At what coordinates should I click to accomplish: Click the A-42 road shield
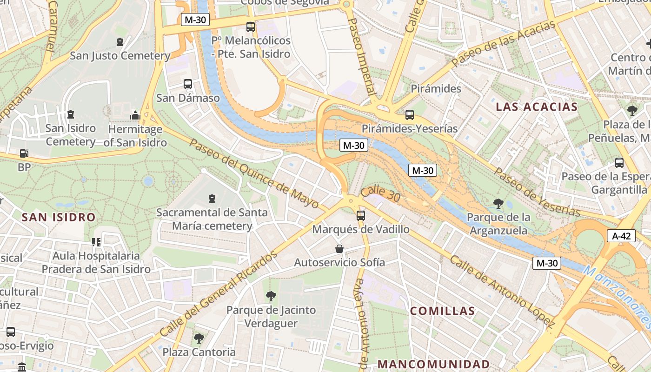621,236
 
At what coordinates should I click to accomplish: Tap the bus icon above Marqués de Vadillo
360,215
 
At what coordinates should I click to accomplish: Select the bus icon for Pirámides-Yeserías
409,114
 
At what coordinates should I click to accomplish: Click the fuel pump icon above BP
23,153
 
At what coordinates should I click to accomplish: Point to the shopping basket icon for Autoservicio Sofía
339,249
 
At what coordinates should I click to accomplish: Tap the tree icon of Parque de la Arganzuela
498,203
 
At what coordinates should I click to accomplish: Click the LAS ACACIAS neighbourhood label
536,107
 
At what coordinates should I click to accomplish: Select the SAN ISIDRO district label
59,217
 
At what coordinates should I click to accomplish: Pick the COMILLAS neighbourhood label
442,311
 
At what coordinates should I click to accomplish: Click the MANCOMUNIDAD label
433,364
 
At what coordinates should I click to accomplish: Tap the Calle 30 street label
380,194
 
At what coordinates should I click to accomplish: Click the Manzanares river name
618,296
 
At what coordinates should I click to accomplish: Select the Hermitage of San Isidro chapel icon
135,115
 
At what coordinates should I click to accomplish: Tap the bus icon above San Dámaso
188,84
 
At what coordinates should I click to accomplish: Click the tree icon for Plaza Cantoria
199,338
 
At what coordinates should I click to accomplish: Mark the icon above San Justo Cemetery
120,42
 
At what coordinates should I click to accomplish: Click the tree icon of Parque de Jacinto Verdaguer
271,296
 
